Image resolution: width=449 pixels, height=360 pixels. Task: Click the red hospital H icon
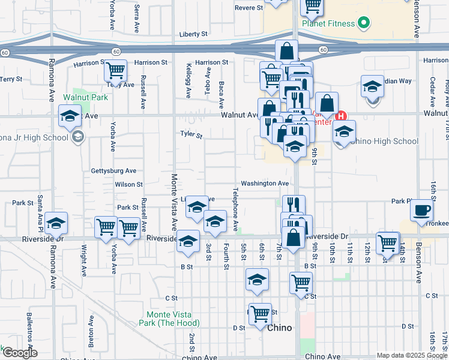342,116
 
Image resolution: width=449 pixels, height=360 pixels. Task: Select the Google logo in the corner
20,353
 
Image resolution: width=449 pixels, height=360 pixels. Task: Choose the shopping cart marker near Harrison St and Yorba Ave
115,71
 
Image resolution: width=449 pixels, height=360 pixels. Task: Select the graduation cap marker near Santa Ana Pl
56,224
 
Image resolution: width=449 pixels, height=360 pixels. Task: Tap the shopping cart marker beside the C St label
301,283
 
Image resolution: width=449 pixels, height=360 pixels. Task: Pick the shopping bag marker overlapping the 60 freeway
287,51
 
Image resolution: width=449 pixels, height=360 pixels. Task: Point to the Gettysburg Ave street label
113,171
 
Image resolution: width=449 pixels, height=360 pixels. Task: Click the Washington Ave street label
265,184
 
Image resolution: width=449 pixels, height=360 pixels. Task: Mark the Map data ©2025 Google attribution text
411,355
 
